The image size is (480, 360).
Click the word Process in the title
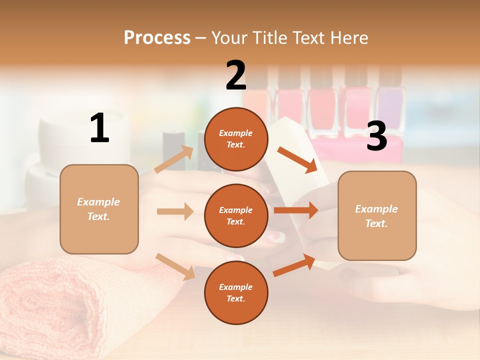157,38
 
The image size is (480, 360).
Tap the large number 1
99,128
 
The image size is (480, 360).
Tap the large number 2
236,75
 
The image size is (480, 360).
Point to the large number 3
376,136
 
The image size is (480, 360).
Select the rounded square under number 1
99,209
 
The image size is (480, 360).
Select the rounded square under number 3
377,216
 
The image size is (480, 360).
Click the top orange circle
236,139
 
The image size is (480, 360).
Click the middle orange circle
236,216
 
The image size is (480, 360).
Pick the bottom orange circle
236,293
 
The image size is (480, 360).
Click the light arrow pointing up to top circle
174,159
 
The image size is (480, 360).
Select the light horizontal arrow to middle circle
175,211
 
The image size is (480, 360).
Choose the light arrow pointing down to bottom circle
175,266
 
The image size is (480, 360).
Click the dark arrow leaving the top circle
297,159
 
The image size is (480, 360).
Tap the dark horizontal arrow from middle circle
296,210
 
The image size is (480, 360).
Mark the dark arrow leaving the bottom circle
294,265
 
